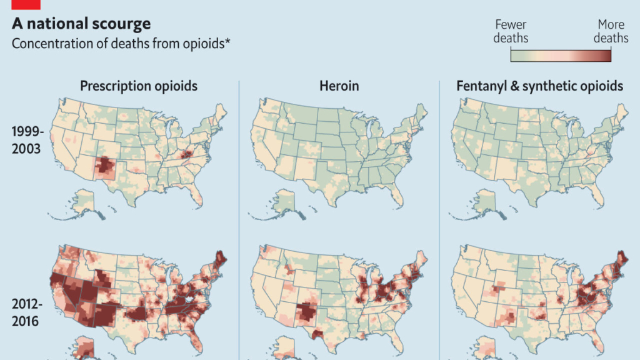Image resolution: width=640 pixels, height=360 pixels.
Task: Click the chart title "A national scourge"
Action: (x=81, y=24)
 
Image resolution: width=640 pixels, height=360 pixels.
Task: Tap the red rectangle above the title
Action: (x=26, y=4)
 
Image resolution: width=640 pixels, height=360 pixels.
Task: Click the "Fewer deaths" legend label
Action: (x=511, y=31)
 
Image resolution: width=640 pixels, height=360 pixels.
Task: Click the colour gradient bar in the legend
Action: (x=561, y=55)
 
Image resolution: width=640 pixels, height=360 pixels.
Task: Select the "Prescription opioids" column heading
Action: (x=139, y=86)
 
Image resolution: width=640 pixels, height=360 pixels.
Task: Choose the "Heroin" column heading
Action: (x=339, y=86)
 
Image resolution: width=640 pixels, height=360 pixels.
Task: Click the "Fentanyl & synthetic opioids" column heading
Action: (x=540, y=86)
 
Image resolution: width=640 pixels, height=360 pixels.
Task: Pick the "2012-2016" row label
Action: (x=27, y=312)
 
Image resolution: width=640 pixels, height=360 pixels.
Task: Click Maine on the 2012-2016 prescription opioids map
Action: (x=219, y=257)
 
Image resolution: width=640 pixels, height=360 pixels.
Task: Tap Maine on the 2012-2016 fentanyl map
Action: (x=619, y=257)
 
